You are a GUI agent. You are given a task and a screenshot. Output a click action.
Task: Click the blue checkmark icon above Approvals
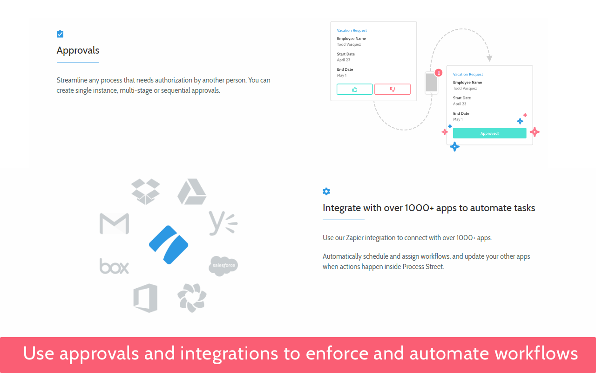coord(60,34)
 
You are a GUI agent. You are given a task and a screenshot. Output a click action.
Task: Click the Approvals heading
coord(78,50)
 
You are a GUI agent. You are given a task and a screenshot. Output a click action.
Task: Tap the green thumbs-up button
coord(354,89)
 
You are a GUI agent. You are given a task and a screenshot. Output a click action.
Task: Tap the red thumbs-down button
coord(393,89)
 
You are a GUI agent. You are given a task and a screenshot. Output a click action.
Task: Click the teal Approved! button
coord(489,133)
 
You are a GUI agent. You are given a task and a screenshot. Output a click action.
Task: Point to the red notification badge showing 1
coord(438,73)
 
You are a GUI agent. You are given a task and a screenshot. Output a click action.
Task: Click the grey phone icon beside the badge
coord(431,83)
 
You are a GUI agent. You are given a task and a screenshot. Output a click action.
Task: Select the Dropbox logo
coord(145,191)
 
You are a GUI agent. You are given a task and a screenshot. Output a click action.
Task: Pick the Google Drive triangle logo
coord(191,192)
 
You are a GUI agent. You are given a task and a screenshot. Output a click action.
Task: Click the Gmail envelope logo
coord(114,224)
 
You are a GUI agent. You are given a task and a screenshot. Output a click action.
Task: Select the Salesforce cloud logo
coord(223,266)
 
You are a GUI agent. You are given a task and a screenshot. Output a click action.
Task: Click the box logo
coord(114,266)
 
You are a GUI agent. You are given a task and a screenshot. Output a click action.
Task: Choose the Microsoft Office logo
coord(145,298)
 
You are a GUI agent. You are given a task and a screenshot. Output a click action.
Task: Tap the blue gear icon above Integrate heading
coord(326,191)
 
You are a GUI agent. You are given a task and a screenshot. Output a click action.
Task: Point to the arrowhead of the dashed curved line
coord(489,59)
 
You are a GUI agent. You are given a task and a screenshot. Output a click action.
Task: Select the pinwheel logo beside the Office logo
coord(191,298)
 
